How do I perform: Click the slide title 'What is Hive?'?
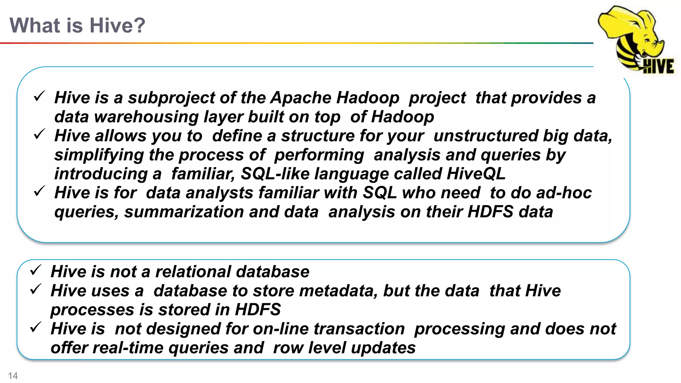77,25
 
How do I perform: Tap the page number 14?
13,376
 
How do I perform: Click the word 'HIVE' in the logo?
658,66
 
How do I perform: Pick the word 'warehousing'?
146,117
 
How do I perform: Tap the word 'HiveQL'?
476,174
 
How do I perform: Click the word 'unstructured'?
486,136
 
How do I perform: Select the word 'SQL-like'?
275,174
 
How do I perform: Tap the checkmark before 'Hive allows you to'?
39,134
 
